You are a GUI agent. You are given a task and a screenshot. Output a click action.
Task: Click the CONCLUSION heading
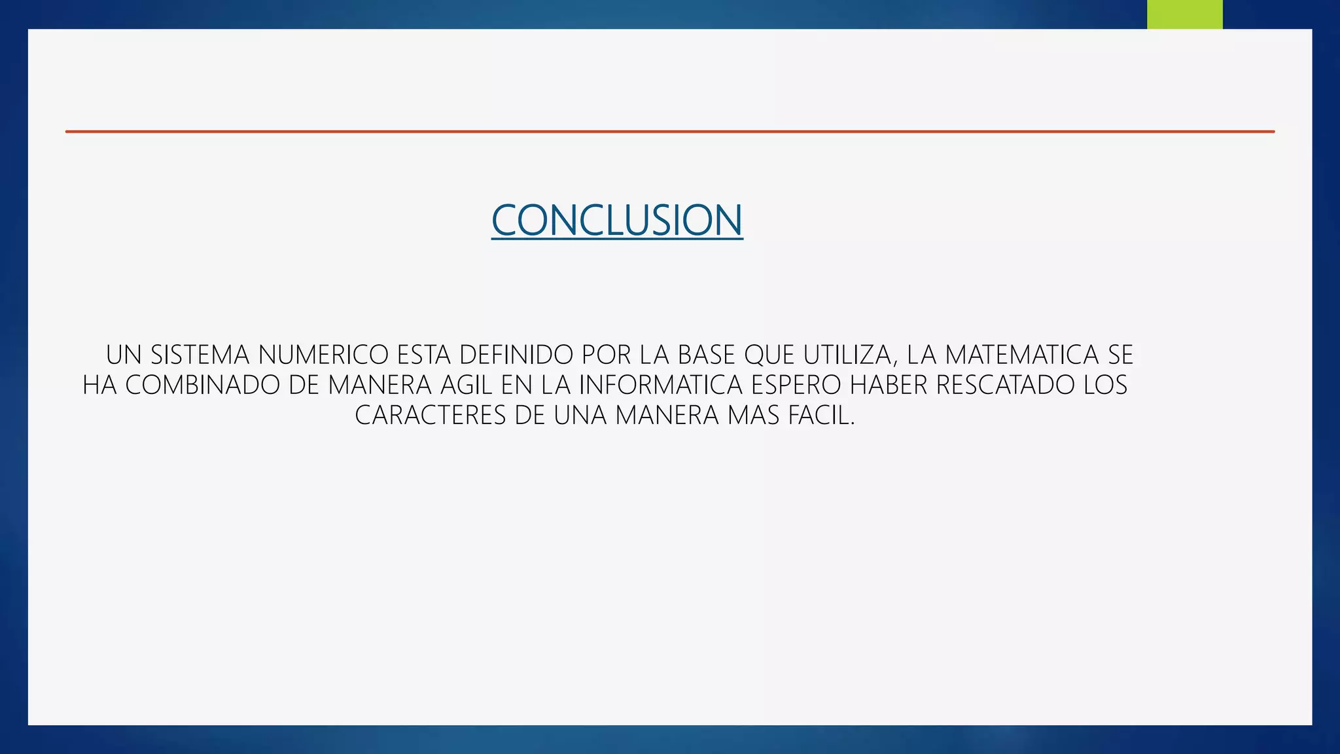click(x=617, y=220)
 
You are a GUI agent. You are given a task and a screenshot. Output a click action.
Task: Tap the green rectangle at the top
click(x=1184, y=14)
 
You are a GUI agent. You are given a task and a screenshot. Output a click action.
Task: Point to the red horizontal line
click(x=669, y=132)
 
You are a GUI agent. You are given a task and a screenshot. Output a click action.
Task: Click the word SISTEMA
click(x=200, y=355)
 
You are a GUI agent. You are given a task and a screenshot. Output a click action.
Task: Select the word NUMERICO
click(x=323, y=355)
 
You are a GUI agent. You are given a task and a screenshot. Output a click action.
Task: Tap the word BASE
click(x=707, y=355)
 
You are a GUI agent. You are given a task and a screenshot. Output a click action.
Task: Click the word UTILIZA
click(x=849, y=355)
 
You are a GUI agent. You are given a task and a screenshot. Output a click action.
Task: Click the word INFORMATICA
click(x=661, y=385)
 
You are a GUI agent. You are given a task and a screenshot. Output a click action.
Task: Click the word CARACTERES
click(x=431, y=415)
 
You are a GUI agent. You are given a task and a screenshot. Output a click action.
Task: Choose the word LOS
click(x=1105, y=385)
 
